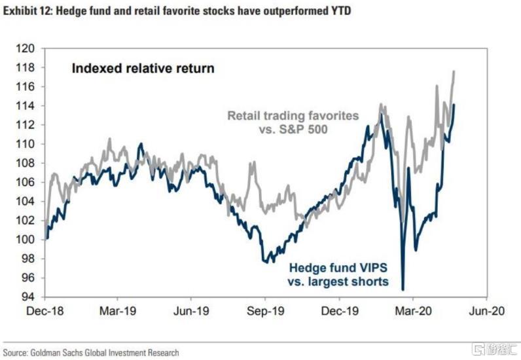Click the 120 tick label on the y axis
[26, 48]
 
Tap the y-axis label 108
[26, 163]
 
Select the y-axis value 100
[26, 240]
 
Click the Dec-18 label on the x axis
[45, 311]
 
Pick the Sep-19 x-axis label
[266, 311]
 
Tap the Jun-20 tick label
[487, 311]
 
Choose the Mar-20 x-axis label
[413, 311]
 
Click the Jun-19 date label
[191, 311]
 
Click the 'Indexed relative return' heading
[143, 69]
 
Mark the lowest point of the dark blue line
[403, 290]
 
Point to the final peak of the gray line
[454, 71]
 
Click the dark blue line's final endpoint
[454, 105]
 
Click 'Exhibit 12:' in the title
[27, 11]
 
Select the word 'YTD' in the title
[340, 11]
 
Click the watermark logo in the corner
[494, 350]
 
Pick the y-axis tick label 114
[26, 106]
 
